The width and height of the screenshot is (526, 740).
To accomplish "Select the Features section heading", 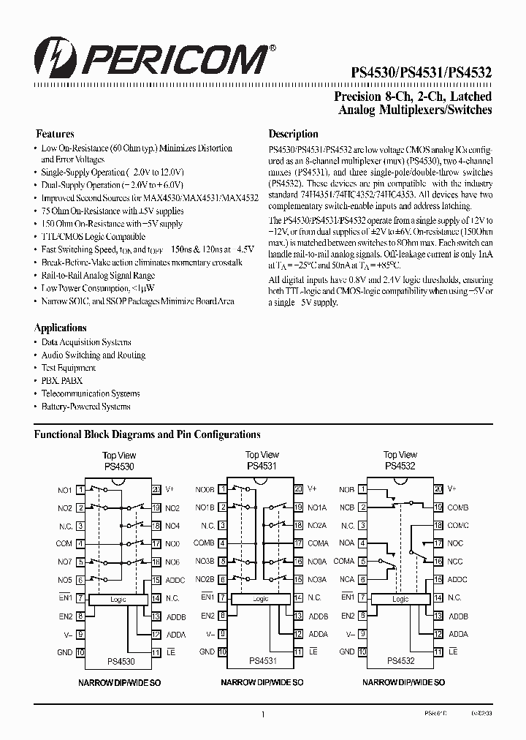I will (55, 134).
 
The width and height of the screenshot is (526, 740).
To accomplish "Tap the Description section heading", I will (293, 134).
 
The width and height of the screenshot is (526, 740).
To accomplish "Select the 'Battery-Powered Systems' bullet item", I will (85, 407).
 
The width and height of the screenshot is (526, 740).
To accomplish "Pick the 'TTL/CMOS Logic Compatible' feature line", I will (93, 236).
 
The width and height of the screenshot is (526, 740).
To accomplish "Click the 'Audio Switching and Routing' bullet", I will (93, 355).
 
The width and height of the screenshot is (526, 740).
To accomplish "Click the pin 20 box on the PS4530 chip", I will (156, 489).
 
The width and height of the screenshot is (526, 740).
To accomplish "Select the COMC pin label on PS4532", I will (458, 525).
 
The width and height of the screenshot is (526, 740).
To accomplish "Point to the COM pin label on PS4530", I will (64, 543).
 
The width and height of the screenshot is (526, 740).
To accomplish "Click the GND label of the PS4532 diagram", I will (347, 652).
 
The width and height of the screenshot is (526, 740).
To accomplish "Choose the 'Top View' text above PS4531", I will (261, 455).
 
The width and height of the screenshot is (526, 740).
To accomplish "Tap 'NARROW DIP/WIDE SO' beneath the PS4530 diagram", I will (119, 682).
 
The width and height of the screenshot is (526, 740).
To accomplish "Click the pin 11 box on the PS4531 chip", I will (298, 652).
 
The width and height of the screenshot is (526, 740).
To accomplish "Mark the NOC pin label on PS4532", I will (455, 543).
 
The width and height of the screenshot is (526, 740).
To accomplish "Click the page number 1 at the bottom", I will (262, 714).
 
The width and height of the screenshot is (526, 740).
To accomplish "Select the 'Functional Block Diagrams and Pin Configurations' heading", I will (148, 434).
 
